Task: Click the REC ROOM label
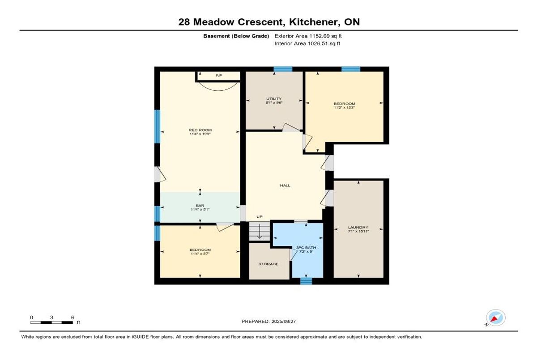click(x=200, y=130)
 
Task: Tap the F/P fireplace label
click(x=219, y=76)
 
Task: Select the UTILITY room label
click(x=274, y=99)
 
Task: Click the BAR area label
click(x=200, y=206)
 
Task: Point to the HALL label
click(x=285, y=186)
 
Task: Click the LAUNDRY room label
click(x=358, y=227)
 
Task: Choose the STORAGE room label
click(x=268, y=264)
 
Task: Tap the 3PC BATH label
click(x=306, y=248)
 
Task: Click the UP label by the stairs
click(x=260, y=216)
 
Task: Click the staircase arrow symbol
click(x=260, y=234)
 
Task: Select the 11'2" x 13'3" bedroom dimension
click(x=344, y=107)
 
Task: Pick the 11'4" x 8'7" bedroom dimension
click(x=200, y=254)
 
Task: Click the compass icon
click(x=496, y=318)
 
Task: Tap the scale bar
click(x=51, y=322)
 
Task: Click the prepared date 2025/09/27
click(x=284, y=322)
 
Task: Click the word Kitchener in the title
click(x=314, y=22)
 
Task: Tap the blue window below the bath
click(x=306, y=281)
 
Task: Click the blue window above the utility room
click(x=283, y=69)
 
